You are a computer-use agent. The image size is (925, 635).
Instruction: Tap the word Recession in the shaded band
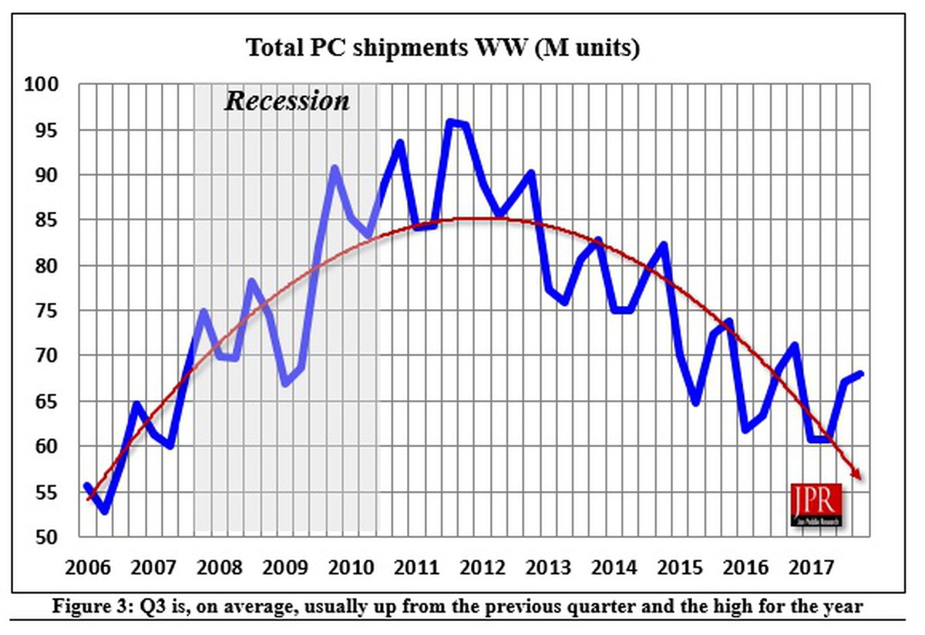[x=287, y=101]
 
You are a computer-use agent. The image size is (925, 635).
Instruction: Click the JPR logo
[x=816, y=505]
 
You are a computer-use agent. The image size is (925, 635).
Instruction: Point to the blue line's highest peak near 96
[x=452, y=121]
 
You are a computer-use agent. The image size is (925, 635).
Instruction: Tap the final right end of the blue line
[x=861, y=374]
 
